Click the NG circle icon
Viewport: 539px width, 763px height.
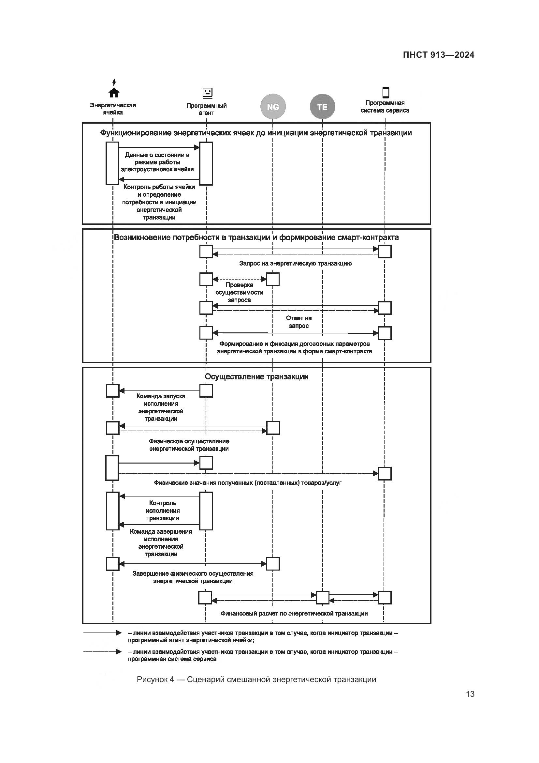tap(273, 107)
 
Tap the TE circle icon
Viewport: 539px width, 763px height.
tap(322, 107)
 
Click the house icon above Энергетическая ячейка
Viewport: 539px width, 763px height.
tap(114, 92)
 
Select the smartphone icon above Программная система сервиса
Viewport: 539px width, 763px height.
tap(385, 92)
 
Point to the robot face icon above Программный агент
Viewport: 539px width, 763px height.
tap(208, 92)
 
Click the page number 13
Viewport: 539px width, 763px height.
tap(470, 694)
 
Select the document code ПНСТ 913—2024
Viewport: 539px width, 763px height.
tap(438, 55)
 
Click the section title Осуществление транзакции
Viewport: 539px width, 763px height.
tap(256, 376)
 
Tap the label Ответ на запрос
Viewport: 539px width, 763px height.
tap(299, 322)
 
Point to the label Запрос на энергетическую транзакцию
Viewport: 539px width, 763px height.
tap(295, 263)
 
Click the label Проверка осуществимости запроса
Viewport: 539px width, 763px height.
tap(239, 292)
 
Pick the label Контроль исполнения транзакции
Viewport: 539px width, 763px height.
tap(163, 511)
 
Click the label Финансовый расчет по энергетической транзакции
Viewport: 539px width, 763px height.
tap(294, 614)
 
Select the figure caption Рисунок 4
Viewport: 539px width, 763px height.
tap(256, 679)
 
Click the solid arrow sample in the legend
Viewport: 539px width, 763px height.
tap(103, 633)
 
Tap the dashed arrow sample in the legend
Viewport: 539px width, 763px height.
tap(103, 652)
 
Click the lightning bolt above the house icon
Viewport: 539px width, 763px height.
tap(114, 82)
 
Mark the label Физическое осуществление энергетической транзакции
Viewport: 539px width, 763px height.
tap(189, 445)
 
